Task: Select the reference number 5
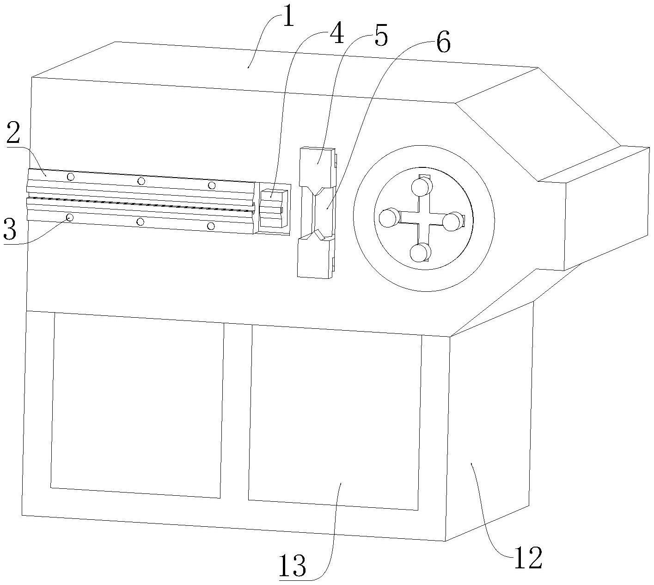pos(380,37)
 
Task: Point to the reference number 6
pos(443,44)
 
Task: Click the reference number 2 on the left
pos(13,134)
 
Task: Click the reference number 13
pos(293,565)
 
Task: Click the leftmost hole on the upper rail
pos(71,177)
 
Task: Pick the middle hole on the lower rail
pos(141,222)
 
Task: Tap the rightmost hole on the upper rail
pos(212,185)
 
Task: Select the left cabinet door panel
pos(137,405)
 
